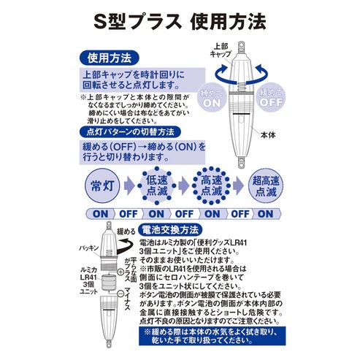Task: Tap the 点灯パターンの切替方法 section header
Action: pos(128,132)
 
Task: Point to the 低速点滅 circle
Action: pos(156,185)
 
